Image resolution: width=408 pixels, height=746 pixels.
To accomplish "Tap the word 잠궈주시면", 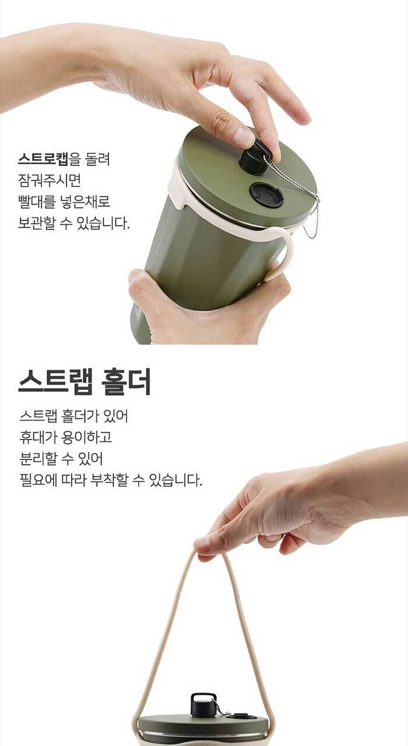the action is coord(50,180).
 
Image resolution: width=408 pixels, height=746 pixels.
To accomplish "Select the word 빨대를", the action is coord(37,202).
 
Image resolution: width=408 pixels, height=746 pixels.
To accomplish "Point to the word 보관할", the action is coord(36,223).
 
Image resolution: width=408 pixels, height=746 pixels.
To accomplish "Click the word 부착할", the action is coord(109,480).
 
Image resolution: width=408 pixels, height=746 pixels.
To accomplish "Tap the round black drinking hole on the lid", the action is coord(266,195).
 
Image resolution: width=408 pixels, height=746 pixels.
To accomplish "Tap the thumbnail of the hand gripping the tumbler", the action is coord(135,276).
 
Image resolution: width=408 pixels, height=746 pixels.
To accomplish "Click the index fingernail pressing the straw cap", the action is coord(243,138).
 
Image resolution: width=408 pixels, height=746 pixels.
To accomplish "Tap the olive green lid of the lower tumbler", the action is coord(203,723).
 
